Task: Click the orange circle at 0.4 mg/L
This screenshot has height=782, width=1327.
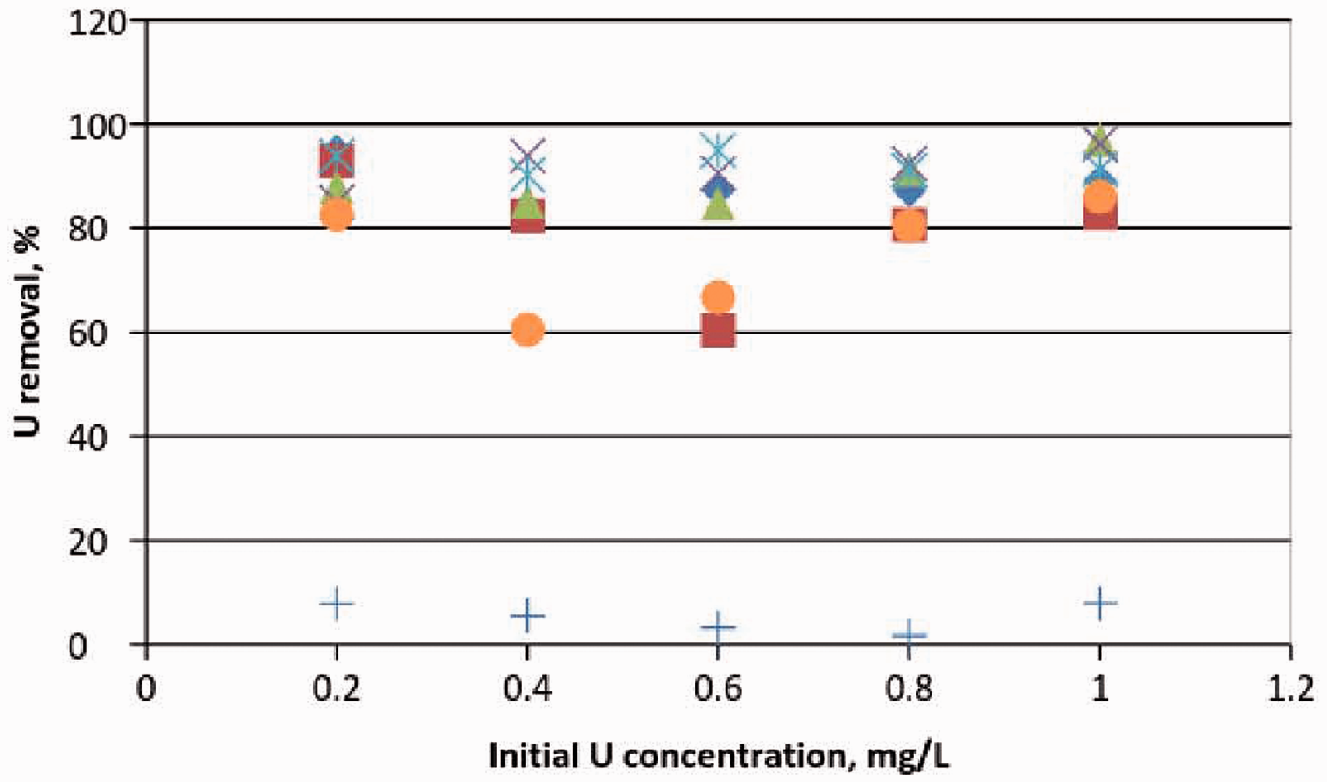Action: click(x=527, y=329)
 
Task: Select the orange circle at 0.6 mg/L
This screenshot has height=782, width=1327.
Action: click(x=718, y=297)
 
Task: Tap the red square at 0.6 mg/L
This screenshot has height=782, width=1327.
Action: click(x=718, y=330)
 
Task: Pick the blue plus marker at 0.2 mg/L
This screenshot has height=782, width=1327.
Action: click(x=336, y=603)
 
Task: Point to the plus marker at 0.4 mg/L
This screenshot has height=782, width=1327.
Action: click(x=527, y=616)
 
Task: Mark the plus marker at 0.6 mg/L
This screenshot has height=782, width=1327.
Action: click(x=718, y=626)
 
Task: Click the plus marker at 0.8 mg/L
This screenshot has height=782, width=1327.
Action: click(x=909, y=635)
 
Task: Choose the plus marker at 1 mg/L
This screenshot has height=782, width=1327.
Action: click(x=1100, y=603)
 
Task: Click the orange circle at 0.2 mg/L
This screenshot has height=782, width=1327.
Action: click(x=336, y=214)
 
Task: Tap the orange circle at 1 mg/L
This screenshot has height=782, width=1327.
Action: click(x=1100, y=197)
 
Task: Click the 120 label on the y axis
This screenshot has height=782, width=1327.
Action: click(x=97, y=24)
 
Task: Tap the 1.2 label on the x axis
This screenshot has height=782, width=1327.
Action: click(x=1290, y=689)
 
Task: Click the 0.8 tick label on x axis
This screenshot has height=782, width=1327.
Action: click(x=909, y=689)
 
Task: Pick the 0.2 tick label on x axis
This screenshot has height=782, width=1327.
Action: click(x=336, y=689)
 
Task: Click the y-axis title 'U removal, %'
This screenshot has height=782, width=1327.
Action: click(x=28, y=331)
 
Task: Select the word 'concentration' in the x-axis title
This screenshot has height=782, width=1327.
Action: click(x=735, y=756)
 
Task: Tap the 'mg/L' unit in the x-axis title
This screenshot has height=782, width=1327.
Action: click(x=908, y=756)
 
